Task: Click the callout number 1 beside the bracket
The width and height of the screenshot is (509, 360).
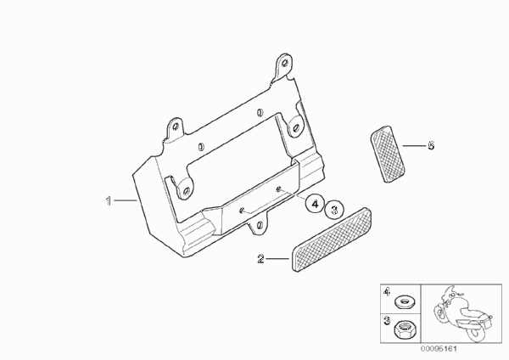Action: [x=109, y=200]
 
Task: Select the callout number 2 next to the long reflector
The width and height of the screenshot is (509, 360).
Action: [x=260, y=259]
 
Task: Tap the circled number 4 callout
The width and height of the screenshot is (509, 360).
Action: [x=315, y=204]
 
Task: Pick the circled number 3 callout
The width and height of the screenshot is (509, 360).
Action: [x=335, y=209]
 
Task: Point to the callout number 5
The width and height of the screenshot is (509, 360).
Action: [x=431, y=145]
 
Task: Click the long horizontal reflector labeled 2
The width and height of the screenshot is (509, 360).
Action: [x=332, y=239]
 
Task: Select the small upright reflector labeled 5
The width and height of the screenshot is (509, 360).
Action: [x=388, y=154]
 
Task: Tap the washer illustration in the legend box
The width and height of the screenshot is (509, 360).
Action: [x=404, y=303]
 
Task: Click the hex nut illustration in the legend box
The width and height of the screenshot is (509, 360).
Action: [x=403, y=329]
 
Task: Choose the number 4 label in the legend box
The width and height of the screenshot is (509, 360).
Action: [x=386, y=292]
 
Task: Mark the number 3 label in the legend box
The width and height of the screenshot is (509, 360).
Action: [x=387, y=321]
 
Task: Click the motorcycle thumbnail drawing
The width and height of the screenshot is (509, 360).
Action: [x=462, y=313]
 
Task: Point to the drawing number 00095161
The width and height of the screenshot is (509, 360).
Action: [x=439, y=349]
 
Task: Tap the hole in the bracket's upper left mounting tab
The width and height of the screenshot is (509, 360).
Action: [x=176, y=127]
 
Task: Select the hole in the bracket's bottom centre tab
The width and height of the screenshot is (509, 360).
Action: [x=260, y=225]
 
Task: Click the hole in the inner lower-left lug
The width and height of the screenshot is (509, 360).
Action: [x=186, y=191]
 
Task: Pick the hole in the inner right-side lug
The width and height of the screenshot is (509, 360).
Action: [x=295, y=127]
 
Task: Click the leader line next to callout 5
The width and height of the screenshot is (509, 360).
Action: [x=414, y=145]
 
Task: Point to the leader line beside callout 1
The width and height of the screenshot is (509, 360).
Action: [x=125, y=200]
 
